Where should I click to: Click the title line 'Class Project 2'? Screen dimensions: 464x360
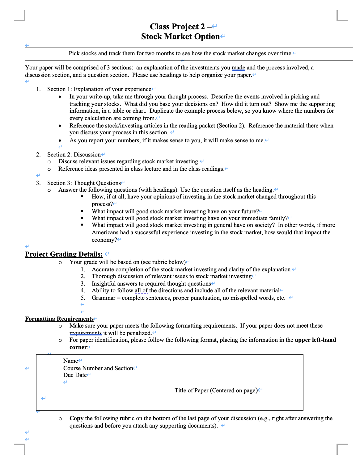click(177, 27)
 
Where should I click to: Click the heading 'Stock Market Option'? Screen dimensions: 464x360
click(180, 36)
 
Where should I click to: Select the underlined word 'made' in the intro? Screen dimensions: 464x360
click(238, 68)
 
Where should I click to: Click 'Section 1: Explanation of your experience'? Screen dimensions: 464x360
click(99, 89)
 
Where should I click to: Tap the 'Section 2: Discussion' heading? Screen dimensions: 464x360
click(74, 154)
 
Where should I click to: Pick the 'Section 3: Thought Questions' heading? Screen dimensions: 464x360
click(84, 183)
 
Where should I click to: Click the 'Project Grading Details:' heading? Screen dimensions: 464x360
click(64, 254)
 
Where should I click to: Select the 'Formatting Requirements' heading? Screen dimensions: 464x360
click(59, 319)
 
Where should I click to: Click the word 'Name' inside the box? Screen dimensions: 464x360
click(70, 361)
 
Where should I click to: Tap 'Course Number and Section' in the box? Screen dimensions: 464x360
click(98, 368)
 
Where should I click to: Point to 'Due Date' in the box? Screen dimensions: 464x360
click(75, 375)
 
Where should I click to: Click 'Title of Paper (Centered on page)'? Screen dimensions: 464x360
click(216, 390)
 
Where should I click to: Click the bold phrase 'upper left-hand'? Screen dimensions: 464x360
click(315, 340)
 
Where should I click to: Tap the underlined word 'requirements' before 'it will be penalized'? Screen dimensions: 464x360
click(85, 333)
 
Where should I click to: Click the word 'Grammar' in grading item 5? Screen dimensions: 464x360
click(103, 298)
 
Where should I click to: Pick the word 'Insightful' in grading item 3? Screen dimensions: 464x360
click(104, 283)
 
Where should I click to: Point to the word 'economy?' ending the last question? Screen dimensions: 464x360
click(104, 240)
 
